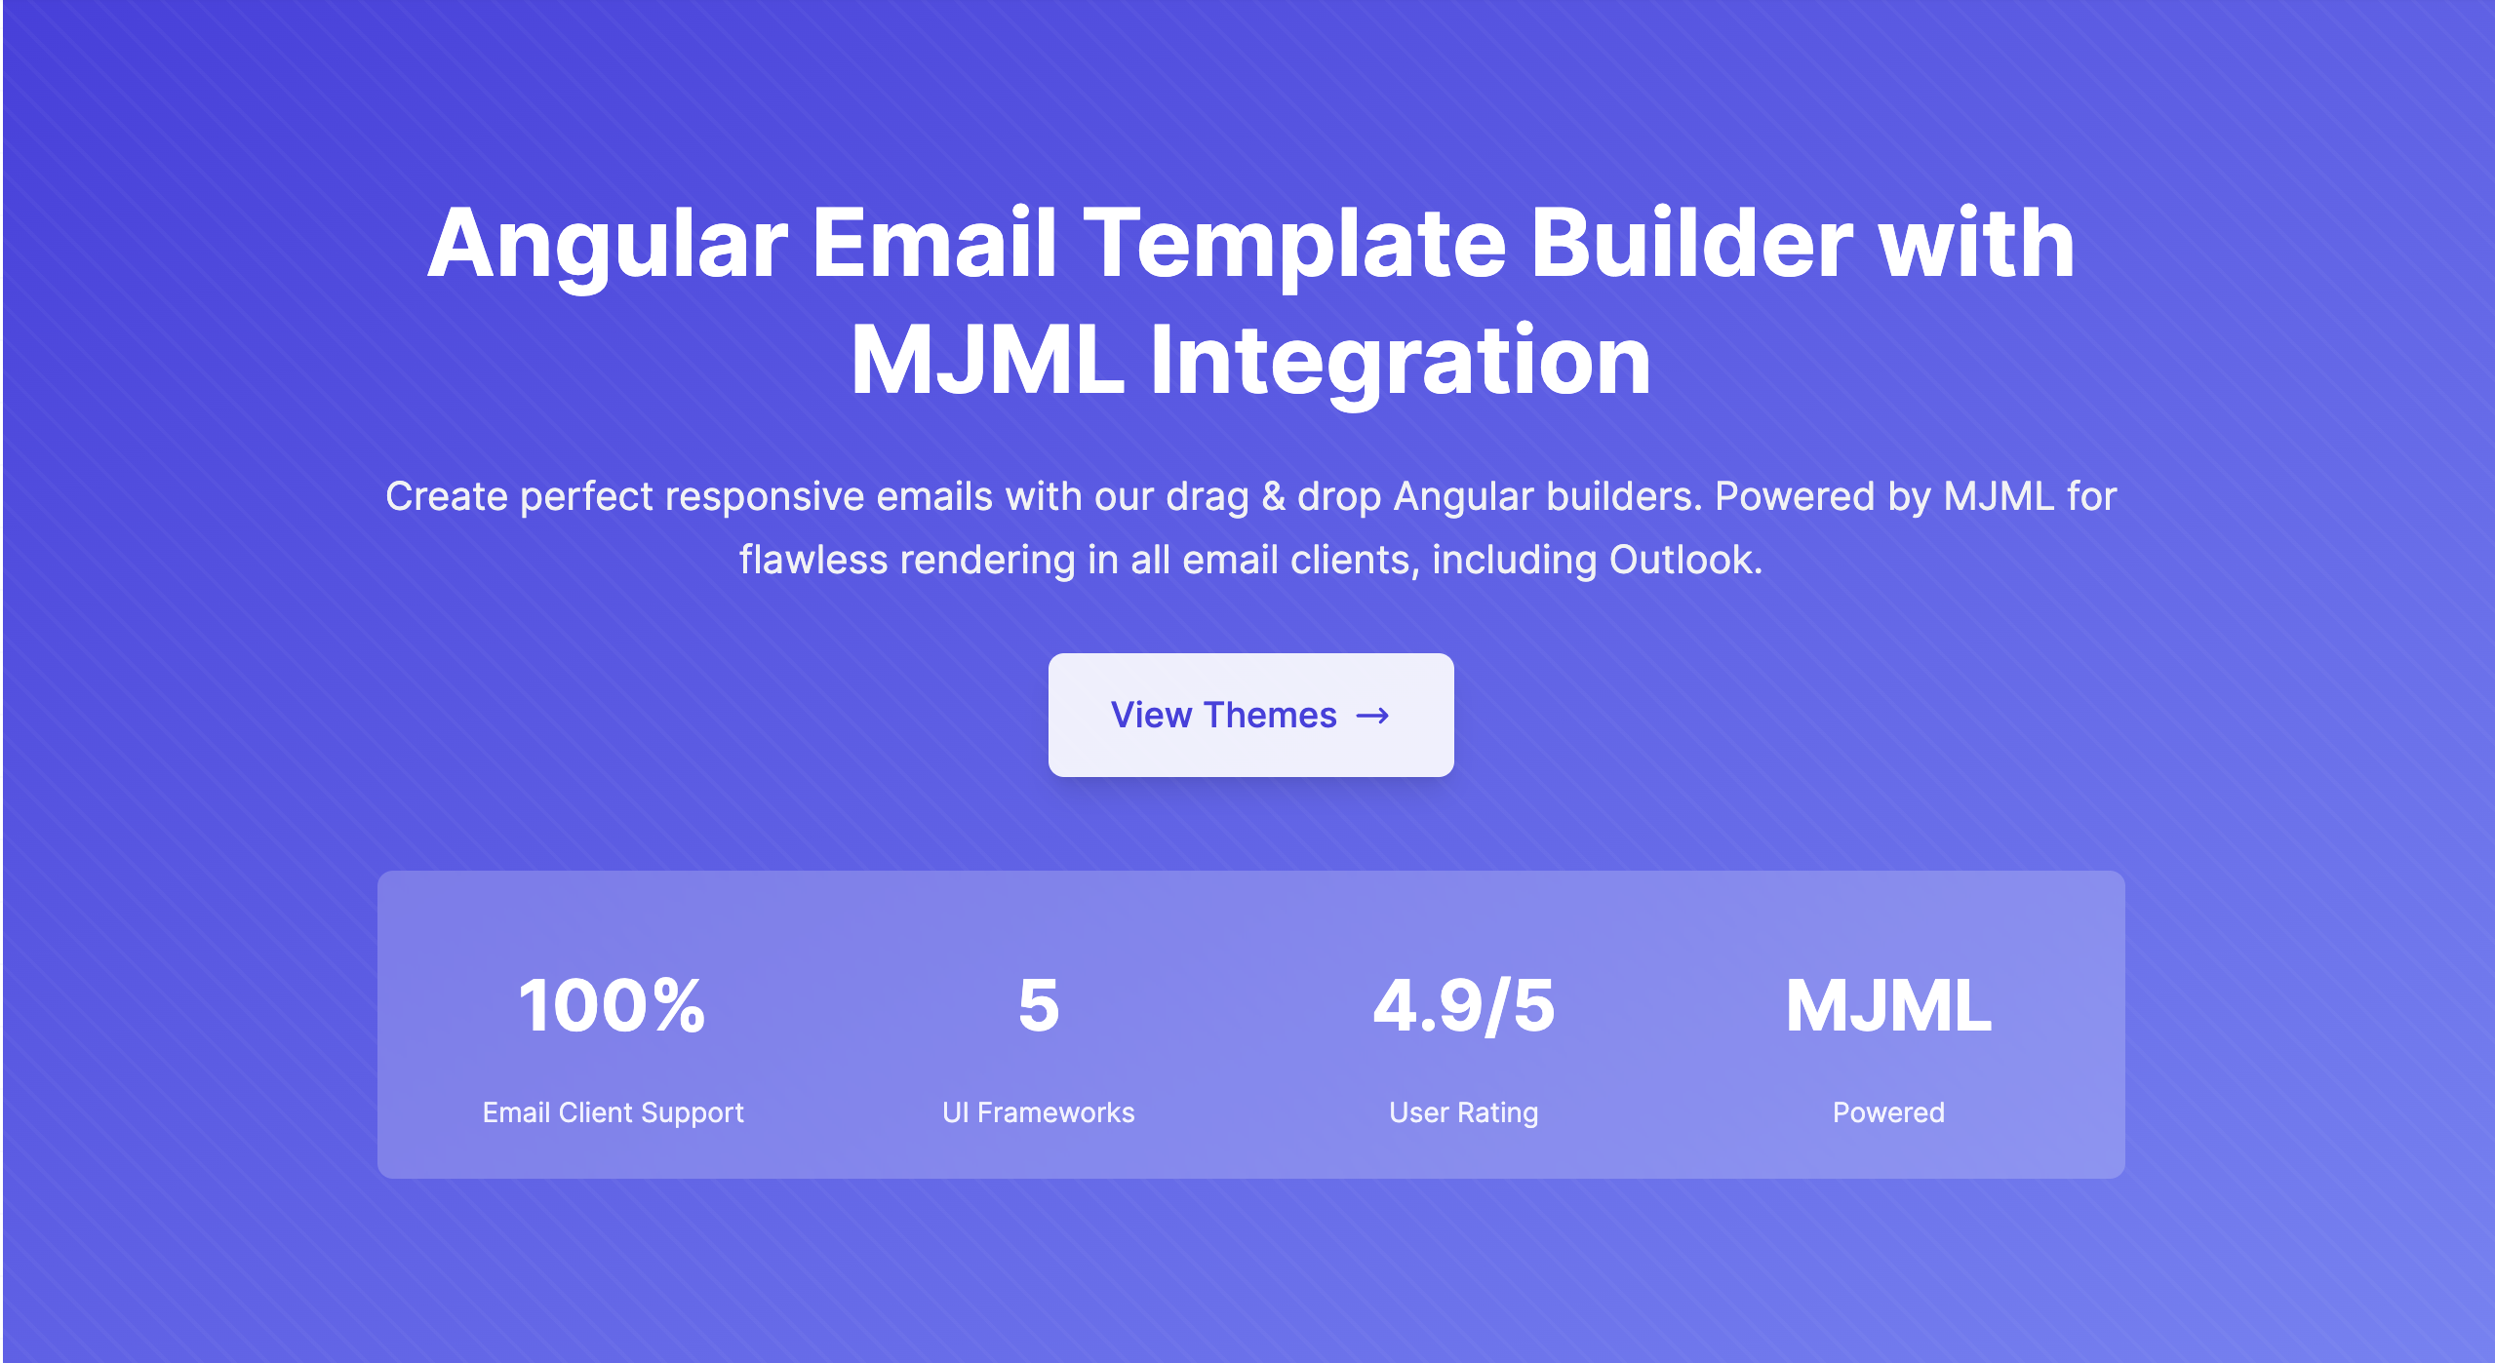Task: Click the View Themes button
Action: pos(1250,715)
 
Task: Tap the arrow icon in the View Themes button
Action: pos(1372,716)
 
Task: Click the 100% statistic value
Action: pos(612,1005)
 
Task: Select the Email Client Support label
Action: pos(613,1112)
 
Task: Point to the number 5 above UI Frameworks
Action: pos(1039,1005)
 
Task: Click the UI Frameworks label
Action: pos(1039,1112)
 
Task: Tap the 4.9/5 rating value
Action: pos(1463,1005)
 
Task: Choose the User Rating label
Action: pos(1463,1113)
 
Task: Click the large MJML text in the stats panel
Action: pos(1888,1005)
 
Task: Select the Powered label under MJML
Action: pos(1888,1112)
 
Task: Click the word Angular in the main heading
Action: pos(608,245)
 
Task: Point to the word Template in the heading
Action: pos(1294,245)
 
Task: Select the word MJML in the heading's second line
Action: pos(988,361)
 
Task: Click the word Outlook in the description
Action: pos(1685,560)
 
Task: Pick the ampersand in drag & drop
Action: pos(1273,497)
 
